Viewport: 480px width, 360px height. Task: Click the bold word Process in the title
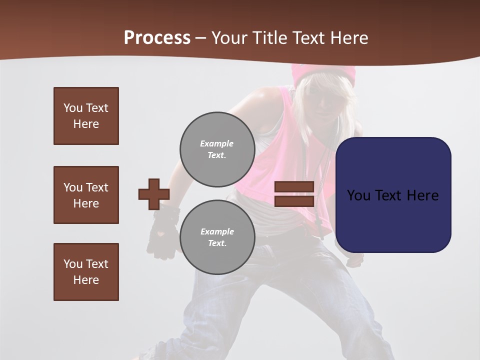click(157, 38)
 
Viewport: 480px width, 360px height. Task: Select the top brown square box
click(86, 116)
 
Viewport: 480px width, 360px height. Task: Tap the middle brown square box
click(86, 195)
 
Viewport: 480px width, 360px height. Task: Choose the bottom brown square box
click(86, 272)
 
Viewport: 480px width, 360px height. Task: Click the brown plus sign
click(153, 194)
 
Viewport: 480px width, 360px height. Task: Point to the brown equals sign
click(294, 194)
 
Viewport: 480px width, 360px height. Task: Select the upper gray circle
click(217, 149)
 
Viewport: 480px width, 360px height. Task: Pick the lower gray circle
click(217, 237)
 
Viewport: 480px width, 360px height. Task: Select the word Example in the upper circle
click(216, 143)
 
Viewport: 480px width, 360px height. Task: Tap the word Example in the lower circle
click(217, 231)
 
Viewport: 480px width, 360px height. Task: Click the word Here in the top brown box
click(86, 124)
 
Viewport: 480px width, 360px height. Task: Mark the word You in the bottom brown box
click(73, 264)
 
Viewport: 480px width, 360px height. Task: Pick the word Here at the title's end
click(349, 38)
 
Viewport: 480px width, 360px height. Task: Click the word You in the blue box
click(358, 195)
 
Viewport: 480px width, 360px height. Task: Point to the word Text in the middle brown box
click(97, 187)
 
